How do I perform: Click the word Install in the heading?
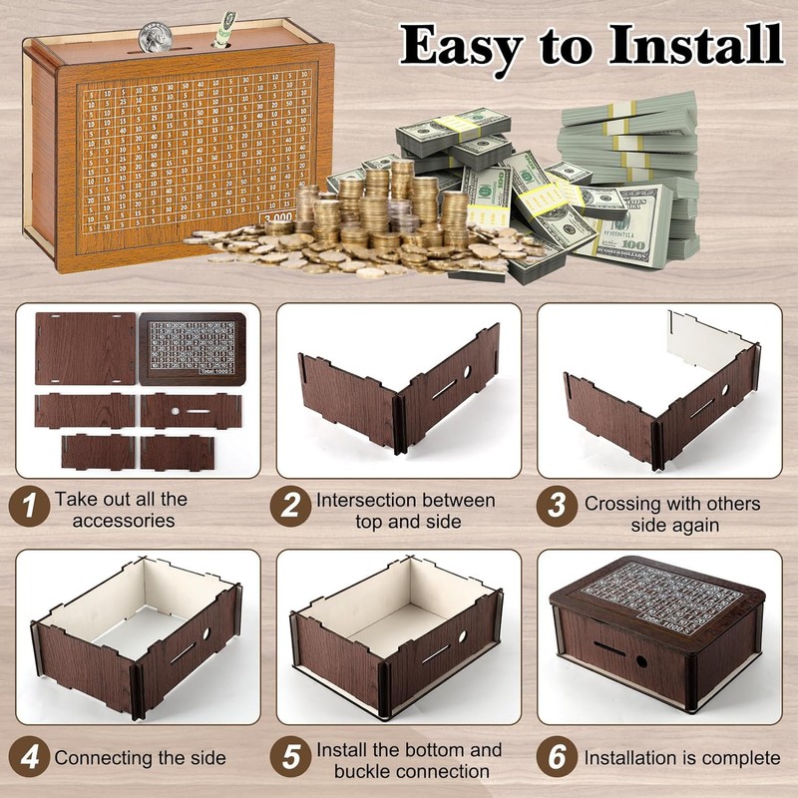682,46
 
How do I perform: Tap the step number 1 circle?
30,506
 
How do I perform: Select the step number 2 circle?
290,506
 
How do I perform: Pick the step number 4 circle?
30,757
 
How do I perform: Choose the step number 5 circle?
290,757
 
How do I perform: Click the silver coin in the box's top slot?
156,37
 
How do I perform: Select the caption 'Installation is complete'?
682,758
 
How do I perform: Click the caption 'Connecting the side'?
143,758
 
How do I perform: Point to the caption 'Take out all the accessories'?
120,510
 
